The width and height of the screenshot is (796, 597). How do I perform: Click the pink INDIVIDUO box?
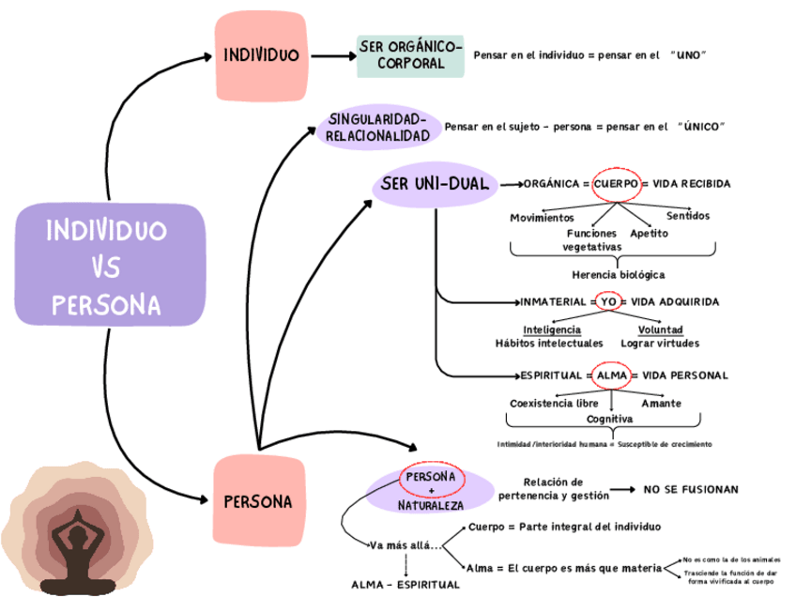pos(261,55)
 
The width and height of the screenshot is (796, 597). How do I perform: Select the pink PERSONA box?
pos(258,500)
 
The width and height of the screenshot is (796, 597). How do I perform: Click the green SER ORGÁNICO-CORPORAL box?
pos(410,55)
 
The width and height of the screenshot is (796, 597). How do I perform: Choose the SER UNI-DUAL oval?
pos(435,184)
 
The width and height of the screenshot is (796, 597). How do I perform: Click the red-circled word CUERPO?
pos(616,184)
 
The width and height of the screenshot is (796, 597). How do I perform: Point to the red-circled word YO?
pos(607,302)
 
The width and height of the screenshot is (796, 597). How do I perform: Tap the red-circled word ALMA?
pos(611,375)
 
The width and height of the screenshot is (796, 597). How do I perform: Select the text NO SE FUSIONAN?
pos(691,490)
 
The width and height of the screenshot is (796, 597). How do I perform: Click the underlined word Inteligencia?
pos(552,330)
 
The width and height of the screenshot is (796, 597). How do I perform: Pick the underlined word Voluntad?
pos(661,330)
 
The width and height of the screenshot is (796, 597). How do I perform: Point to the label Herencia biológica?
pos(618,275)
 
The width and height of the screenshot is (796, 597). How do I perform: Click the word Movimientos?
pos(542,218)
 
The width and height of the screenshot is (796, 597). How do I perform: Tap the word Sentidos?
pos(688,217)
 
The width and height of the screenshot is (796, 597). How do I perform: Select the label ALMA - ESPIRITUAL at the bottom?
pos(406,585)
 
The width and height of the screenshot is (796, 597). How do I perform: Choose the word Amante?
pos(661,404)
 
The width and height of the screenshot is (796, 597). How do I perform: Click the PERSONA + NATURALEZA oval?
pos(431,491)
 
